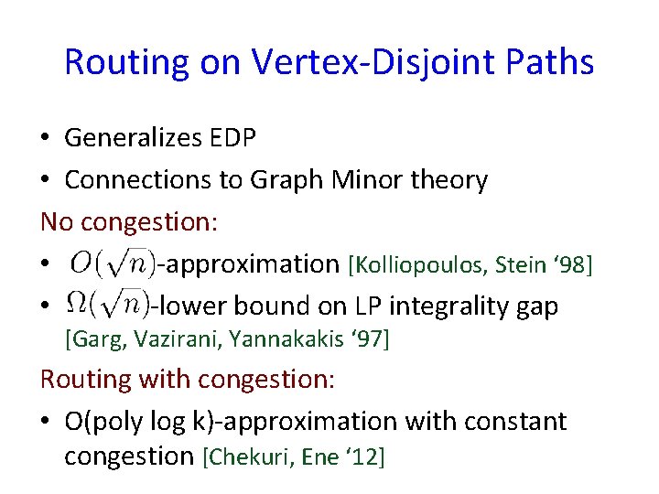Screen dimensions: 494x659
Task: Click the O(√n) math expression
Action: [112, 263]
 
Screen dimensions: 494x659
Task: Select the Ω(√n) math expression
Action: [108, 306]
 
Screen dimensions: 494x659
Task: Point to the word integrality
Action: [438, 306]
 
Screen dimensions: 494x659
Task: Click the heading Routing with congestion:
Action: [188, 379]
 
